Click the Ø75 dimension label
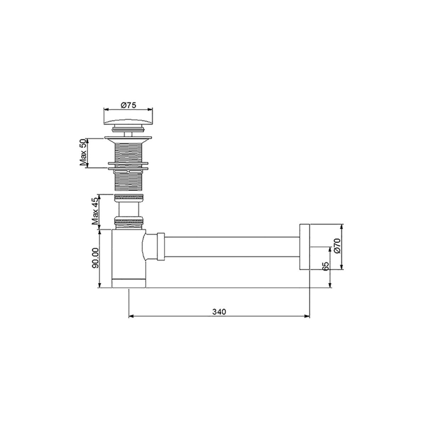pos(128,105)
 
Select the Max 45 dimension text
pos(95,211)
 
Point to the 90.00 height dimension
pos(95,259)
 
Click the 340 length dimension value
pos(219,312)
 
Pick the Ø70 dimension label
pos(337,245)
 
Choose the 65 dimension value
pos(326,266)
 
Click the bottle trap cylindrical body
pos(128,255)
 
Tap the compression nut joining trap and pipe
pos(161,247)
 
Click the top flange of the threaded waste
pos(128,137)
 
